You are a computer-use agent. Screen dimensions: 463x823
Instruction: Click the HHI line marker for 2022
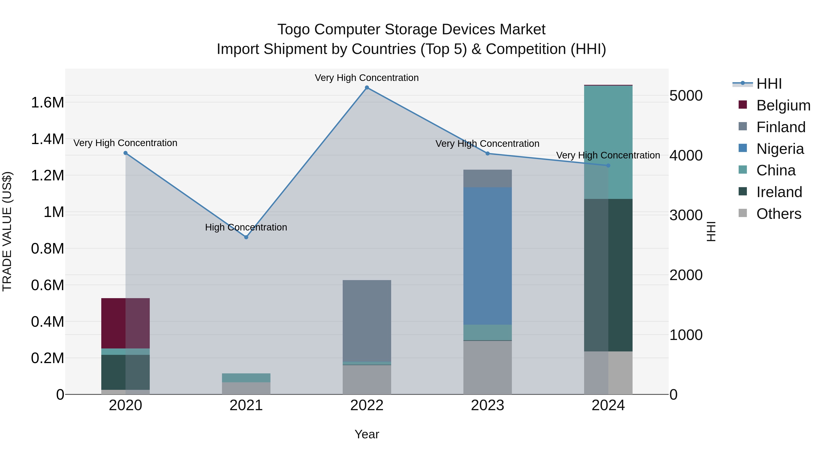(x=367, y=88)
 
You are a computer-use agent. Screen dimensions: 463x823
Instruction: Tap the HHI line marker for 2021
(x=246, y=237)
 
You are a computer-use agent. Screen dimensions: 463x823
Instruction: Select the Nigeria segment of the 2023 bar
(x=488, y=256)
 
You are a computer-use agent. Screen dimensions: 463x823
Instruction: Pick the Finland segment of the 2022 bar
(x=367, y=321)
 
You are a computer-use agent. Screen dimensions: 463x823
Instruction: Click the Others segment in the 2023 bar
(x=488, y=367)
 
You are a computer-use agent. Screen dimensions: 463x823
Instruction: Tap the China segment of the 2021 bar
(x=246, y=378)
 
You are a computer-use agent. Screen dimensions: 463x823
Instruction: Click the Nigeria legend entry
(x=780, y=149)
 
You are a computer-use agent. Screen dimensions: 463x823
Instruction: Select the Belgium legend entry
(x=783, y=105)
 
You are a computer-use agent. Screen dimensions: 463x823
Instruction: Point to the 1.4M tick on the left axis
(x=47, y=139)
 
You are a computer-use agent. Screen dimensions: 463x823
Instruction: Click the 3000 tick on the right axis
(x=686, y=215)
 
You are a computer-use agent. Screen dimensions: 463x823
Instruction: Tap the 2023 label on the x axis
(x=488, y=405)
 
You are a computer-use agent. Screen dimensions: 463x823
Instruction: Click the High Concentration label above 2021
(x=246, y=227)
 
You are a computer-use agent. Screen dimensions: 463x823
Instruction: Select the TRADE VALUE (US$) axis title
(x=7, y=231)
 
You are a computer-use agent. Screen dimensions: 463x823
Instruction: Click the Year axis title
(x=367, y=434)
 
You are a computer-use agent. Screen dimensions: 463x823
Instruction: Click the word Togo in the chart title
(x=294, y=29)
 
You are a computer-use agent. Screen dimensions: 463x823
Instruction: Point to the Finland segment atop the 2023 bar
(x=488, y=178)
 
